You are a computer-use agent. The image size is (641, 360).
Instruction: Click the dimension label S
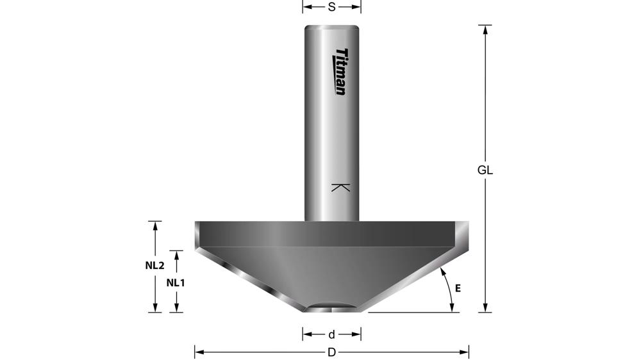pyautogui.click(x=331, y=7)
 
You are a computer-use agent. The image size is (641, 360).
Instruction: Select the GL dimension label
pyautogui.click(x=485, y=170)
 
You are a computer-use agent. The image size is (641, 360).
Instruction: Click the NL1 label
pyautogui.click(x=176, y=282)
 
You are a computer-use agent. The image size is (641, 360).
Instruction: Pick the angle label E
pyautogui.click(x=458, y=288)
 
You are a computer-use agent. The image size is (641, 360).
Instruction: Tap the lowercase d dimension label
pyautogui.click(x=331, y=334)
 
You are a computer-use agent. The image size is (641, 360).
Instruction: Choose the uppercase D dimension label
pyautogui.click(x=331, y=352)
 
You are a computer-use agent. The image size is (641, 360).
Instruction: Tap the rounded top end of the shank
pyautogui.click(x=331, y=28)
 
